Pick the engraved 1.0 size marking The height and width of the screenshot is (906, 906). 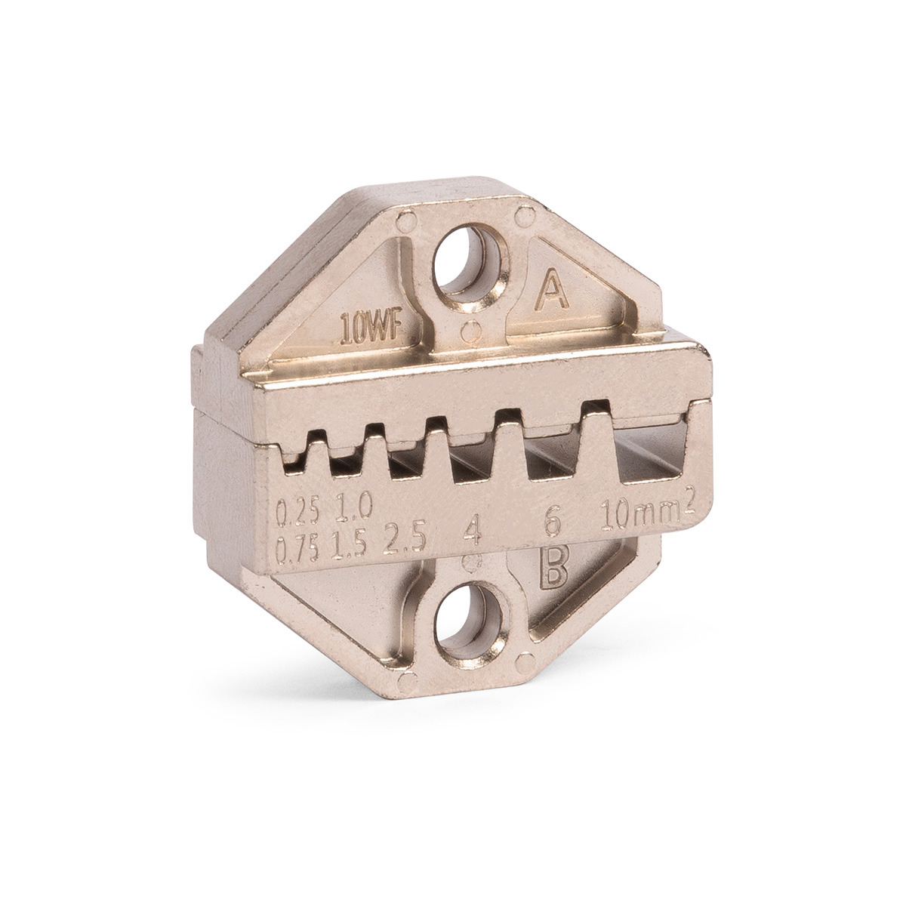coord(353,507)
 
